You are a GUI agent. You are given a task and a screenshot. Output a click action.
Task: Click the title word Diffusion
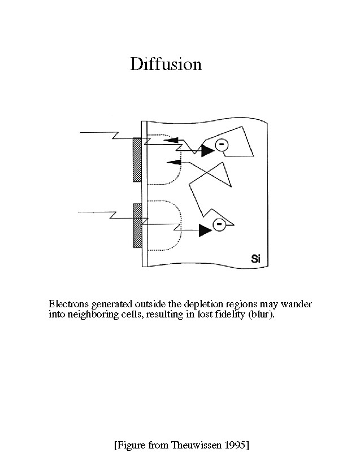166,64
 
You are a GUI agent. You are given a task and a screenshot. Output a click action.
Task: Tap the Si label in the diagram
256,259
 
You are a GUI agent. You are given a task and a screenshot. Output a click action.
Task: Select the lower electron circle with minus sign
218,225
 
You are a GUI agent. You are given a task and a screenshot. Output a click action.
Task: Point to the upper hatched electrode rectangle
137,159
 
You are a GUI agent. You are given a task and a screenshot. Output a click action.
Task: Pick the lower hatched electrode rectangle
137,225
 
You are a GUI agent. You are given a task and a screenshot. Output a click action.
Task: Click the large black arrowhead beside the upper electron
207,150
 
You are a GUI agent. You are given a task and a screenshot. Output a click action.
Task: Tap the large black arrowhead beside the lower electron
205,229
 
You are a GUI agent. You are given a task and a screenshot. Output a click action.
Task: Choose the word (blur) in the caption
261,315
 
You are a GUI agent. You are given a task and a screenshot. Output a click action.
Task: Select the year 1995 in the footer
234,445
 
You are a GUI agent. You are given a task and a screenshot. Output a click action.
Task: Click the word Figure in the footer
131,445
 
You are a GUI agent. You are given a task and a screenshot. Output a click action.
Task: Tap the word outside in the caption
149,304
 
